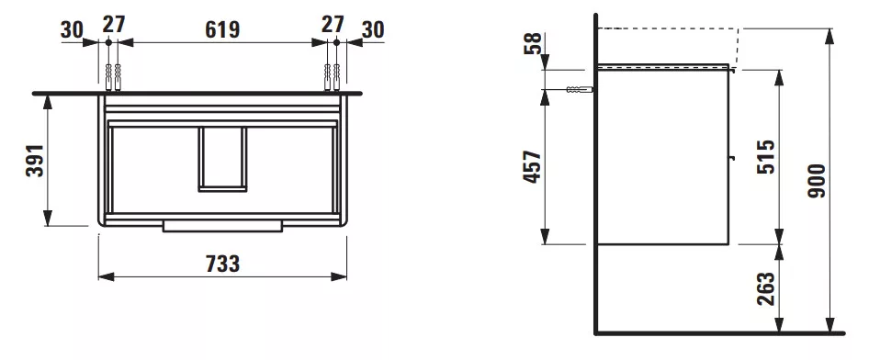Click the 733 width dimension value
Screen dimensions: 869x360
[x=223, y=264]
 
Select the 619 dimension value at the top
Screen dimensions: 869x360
[x=222, y=30]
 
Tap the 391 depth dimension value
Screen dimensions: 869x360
[x=34, y=160]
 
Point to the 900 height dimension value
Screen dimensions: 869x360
[x=817, y=181]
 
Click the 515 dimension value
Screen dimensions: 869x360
[x=765, y=157]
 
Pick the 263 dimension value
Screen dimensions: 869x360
[x=765, y=288]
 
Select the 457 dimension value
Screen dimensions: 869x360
[x=532, y=167]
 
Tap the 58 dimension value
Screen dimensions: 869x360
[x=532, y=43]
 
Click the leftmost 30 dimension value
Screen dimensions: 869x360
[x=72, y=30]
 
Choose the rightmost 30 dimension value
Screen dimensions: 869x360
[x=372, y=30]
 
